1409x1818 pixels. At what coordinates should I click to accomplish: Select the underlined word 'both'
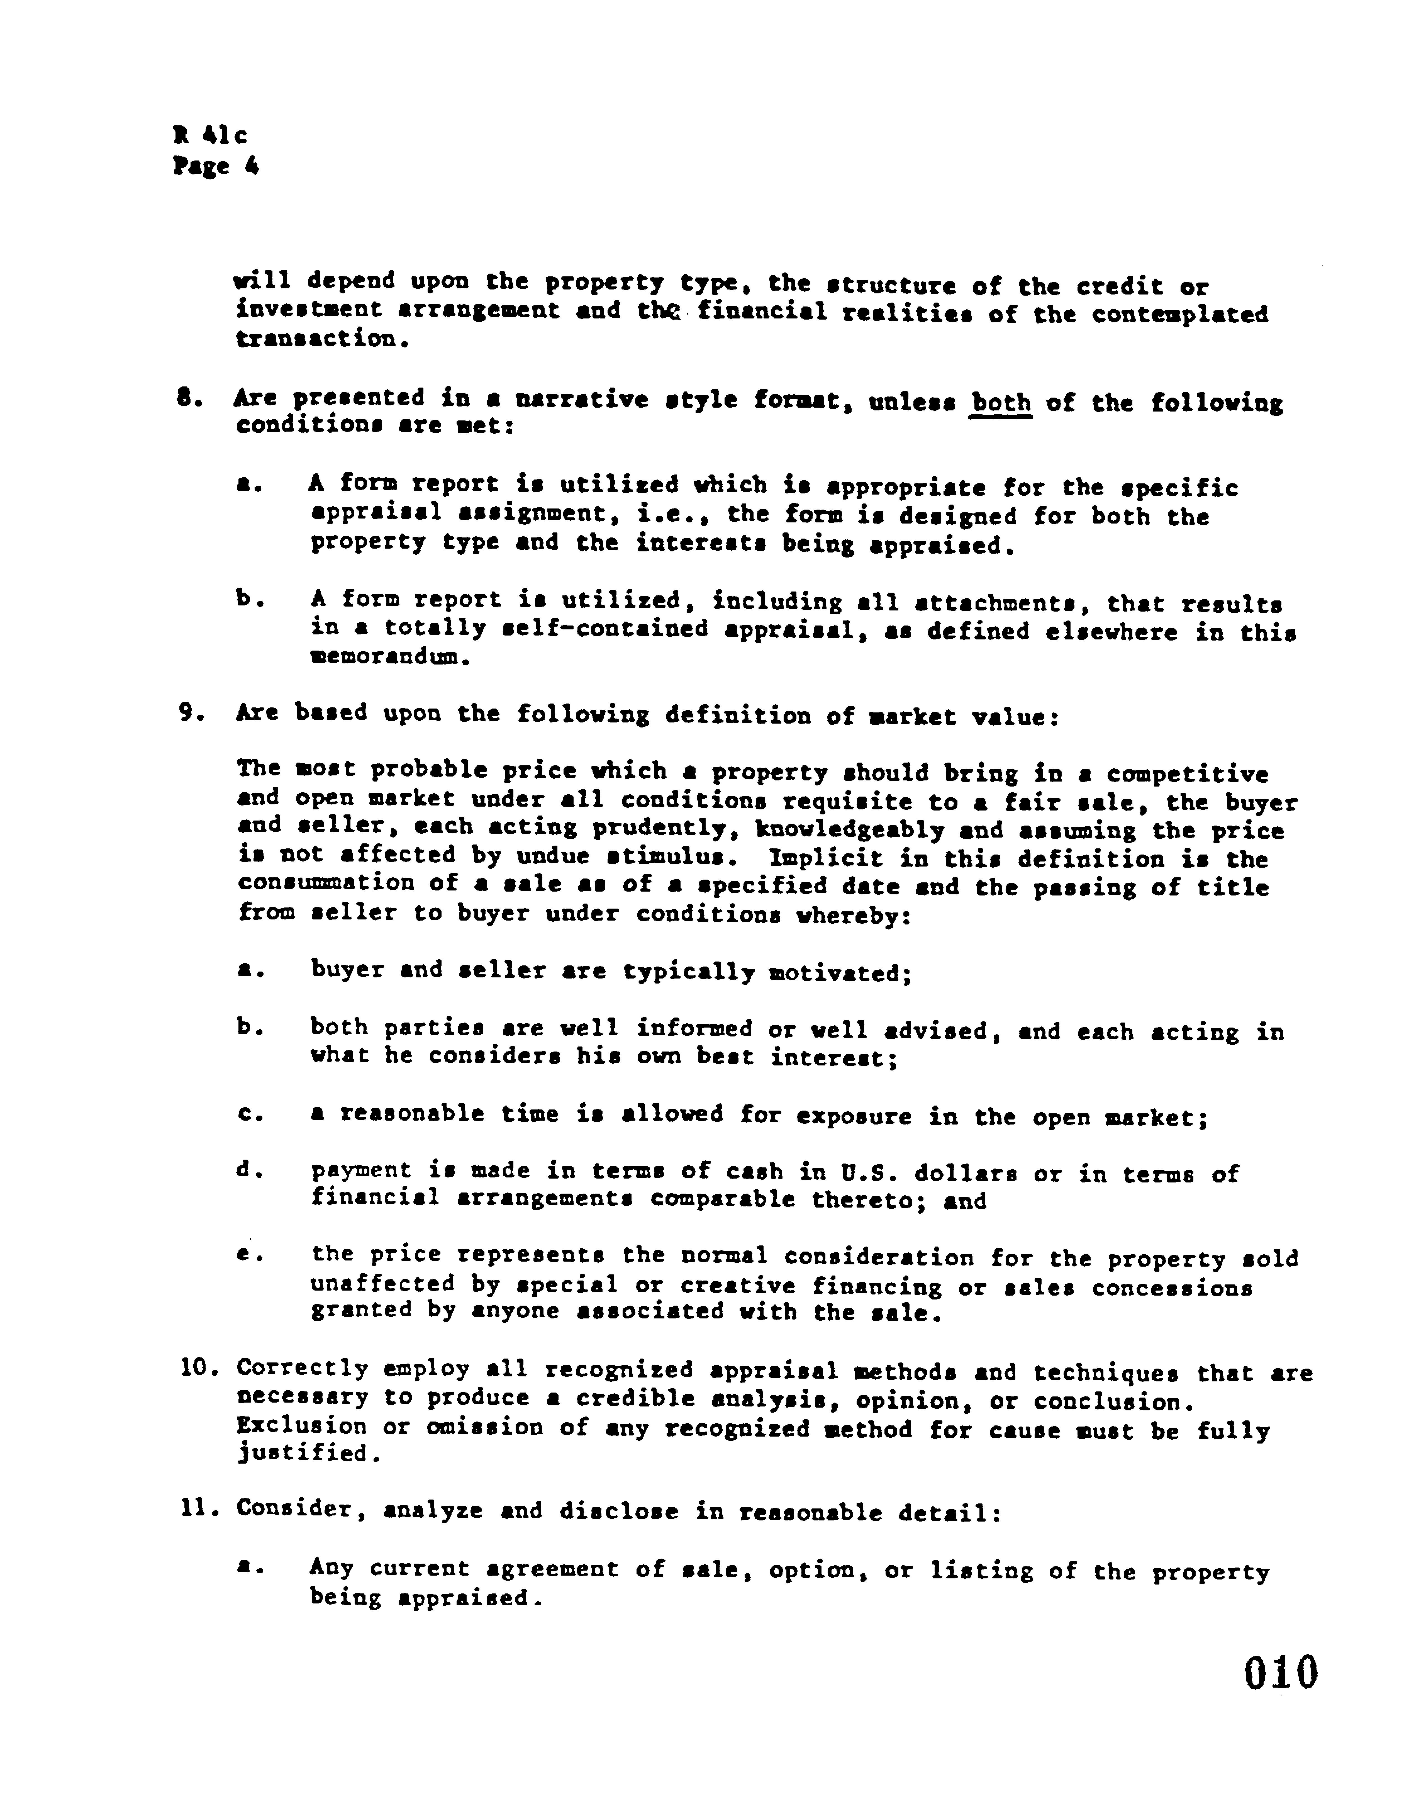point(1001,403)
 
